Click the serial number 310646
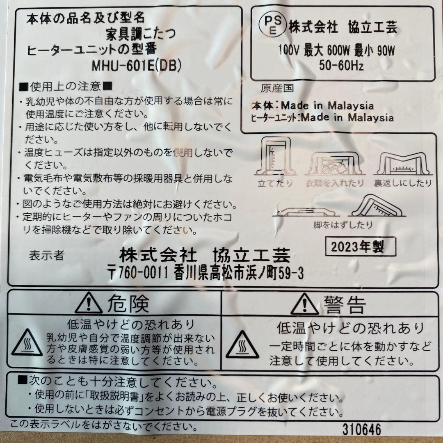[x=363, y=429]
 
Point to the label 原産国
[x=274, y=89]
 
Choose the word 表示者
[x=46, y=256]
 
